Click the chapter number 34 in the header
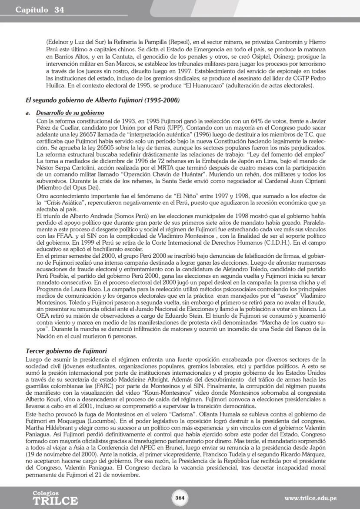60,10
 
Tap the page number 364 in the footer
180,498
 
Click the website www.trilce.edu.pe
310,498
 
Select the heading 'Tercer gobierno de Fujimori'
66,350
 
